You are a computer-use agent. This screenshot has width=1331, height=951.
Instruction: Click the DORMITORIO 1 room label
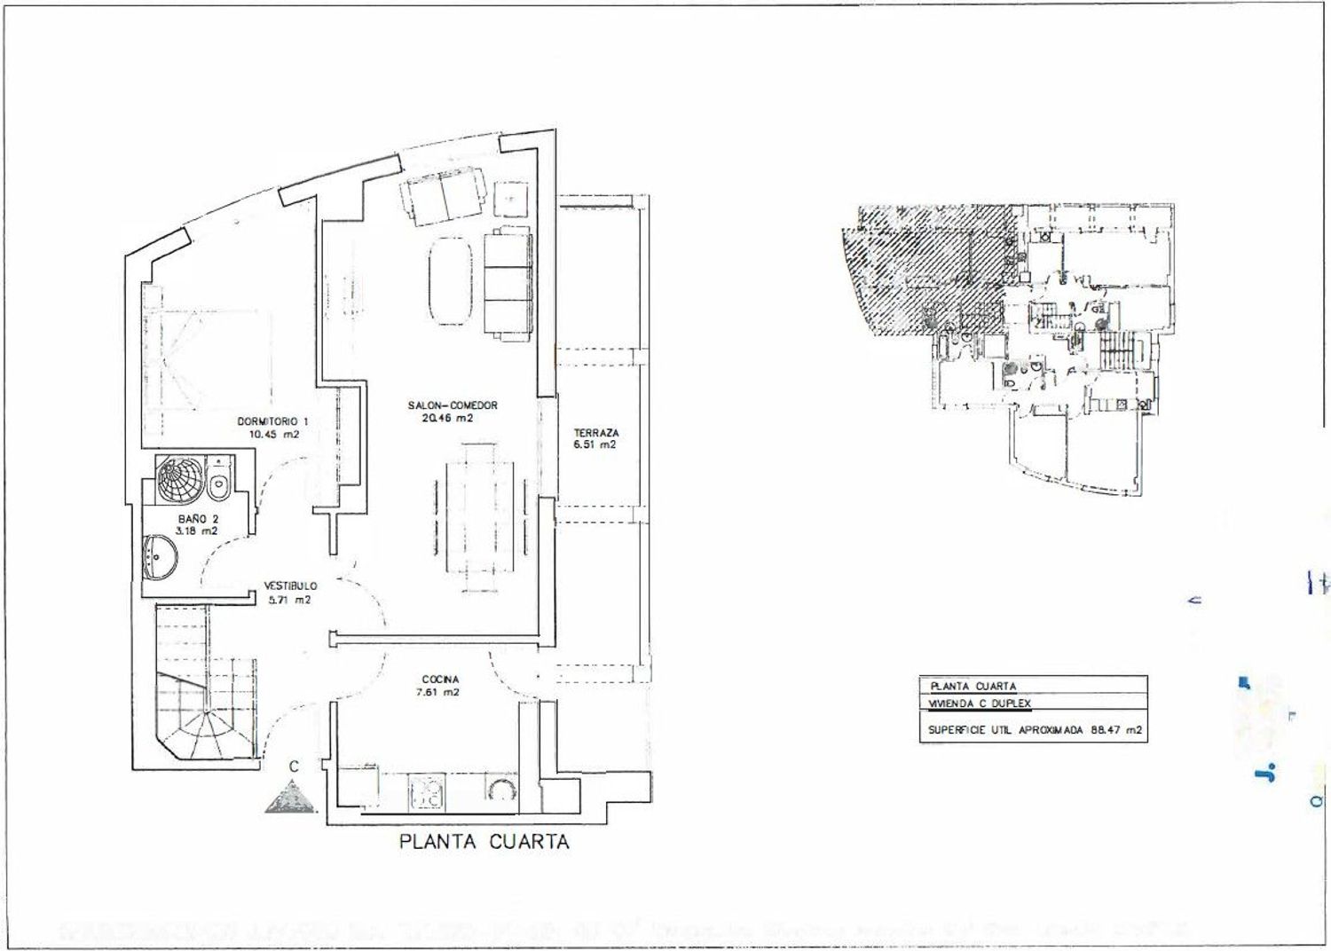click(272, 421)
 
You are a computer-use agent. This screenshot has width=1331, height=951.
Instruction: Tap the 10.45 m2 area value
click(273, 435)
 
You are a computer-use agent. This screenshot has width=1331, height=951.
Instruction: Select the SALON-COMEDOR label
click(453, 405)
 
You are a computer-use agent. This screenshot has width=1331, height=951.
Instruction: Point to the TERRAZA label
click(596, 433)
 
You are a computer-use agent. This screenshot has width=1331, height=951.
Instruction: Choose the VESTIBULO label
click(289, 586)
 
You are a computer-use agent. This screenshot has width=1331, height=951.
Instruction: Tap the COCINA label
click(440, 680)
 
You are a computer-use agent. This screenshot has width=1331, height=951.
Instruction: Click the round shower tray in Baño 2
click(180, 479)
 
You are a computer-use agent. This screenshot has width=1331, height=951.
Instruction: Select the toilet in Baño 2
click(218, 482)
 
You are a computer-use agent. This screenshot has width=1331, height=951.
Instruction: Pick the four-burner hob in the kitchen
click(426, 792)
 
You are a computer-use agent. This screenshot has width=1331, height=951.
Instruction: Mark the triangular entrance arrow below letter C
click(291, 798)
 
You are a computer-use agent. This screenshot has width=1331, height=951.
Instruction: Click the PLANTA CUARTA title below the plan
click(484, 842)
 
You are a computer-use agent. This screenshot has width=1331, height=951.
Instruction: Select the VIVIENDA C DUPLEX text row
click(979, 703)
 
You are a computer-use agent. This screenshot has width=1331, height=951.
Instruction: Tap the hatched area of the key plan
click(923, 266)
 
